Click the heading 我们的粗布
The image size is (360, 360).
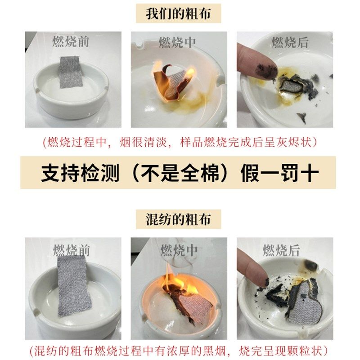point(179,13)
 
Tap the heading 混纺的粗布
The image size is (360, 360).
point(179,220)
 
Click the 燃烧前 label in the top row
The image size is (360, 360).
point(72,42)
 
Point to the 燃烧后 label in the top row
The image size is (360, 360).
point(290,43)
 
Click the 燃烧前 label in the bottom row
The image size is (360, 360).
point(72,250)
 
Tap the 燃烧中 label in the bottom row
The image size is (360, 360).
point(179,250)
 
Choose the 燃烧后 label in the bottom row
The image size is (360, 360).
point(281,251)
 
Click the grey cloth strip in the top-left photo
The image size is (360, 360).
point(70,72)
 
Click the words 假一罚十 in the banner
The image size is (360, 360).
point(280,173)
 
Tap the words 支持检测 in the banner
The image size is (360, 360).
point(80,173)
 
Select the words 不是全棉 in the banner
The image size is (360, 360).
point(180,173)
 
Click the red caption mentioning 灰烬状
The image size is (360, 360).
point(180,143)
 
